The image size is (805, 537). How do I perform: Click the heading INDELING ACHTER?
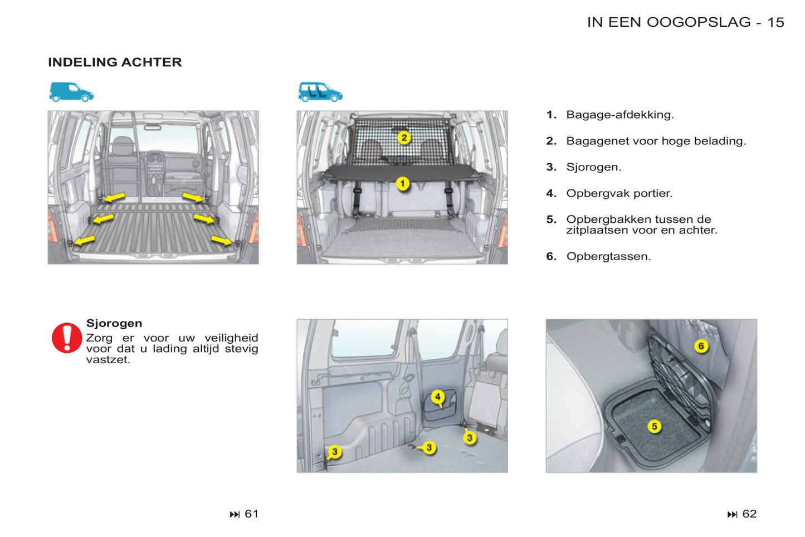115,62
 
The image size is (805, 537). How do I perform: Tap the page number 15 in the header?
775,22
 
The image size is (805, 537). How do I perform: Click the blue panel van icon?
71,92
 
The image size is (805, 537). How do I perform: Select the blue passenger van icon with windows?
320,92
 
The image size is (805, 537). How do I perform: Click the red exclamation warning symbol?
67,338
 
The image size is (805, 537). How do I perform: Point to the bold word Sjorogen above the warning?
114,323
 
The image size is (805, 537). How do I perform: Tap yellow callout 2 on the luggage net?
404,138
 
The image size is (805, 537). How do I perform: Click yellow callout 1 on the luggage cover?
403,183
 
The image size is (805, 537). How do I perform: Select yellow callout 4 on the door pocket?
438,397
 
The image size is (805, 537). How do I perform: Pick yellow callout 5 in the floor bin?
655,427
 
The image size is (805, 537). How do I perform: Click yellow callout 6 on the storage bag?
701,346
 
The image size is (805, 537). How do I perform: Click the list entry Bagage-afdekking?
619,115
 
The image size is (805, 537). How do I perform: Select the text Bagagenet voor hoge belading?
656,141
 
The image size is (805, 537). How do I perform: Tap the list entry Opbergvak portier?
619,193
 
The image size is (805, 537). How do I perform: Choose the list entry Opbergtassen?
608,256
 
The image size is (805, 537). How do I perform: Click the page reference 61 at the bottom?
251,514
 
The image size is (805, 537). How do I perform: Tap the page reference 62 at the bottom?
749,514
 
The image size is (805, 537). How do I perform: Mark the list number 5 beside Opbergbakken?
551,219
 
